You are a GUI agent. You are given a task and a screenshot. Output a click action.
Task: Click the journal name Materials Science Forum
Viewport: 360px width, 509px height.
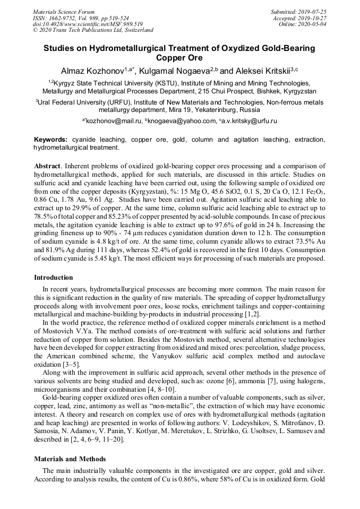[x=64, y=12]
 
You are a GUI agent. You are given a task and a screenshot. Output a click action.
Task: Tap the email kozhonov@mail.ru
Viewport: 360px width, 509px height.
[x=114, y=122]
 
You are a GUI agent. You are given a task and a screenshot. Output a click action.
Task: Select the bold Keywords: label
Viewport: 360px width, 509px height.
[x=50, y=140]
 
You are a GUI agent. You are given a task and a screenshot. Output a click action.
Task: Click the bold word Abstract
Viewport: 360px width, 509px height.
[x=47, y=166]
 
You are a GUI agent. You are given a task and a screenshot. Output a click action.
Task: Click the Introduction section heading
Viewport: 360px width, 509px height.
[x=54, y=277]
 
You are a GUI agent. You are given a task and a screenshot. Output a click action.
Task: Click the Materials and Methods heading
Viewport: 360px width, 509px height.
[x=70, y=459]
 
